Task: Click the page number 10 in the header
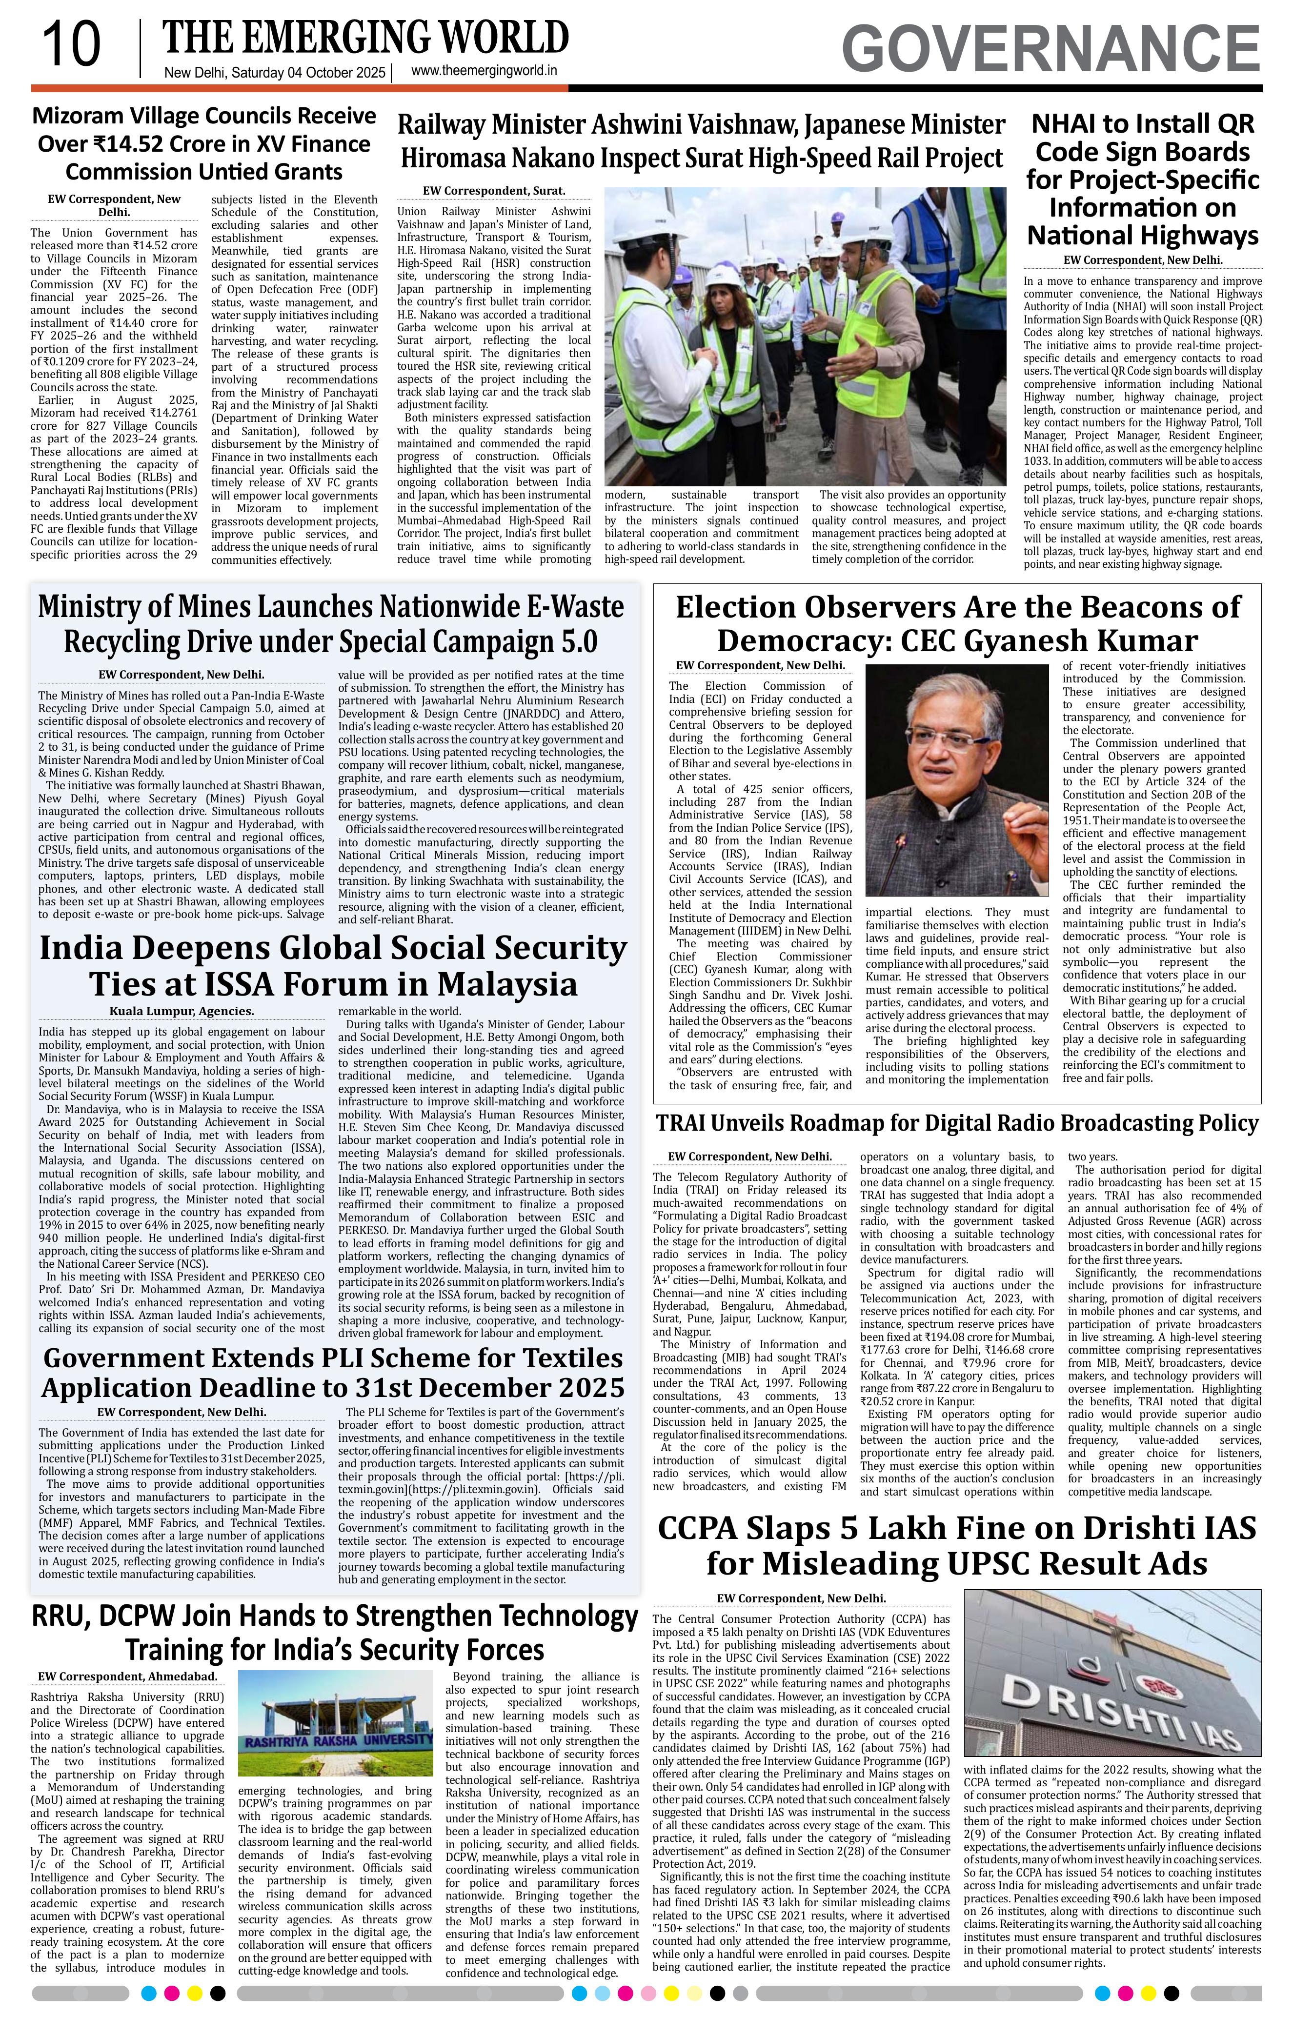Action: pos(71,44)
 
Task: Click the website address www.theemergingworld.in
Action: pos(485,72)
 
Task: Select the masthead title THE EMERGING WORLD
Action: pos(365,38)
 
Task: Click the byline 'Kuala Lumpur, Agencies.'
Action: pos(182,1011)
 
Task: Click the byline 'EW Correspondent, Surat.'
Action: pos(494,191)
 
